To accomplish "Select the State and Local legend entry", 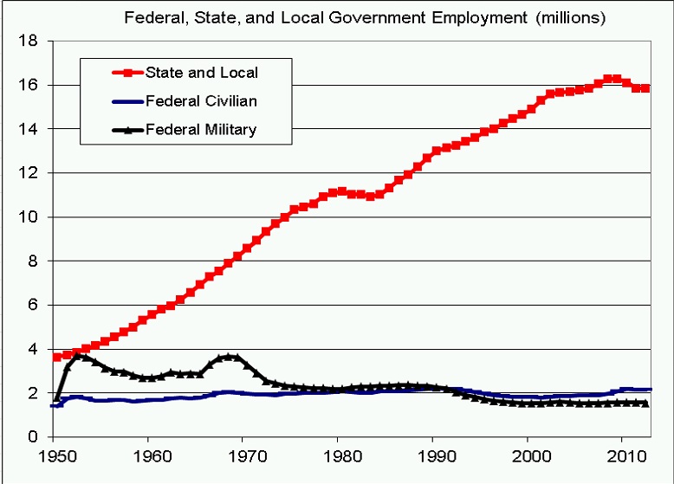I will tap(201, 73).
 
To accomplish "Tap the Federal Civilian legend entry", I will tap(201, 101).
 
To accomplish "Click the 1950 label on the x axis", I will tap(55, 454).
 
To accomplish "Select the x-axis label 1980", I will tap(339, 454).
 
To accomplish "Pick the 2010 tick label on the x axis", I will tap(623, 454).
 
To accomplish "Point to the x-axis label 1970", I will tap(244, 454).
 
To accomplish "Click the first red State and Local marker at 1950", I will tap(57, 357).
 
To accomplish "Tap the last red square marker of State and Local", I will tap(645, 88).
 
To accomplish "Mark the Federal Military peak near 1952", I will tap(78, 355).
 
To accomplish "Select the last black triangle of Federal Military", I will tap(645, 403).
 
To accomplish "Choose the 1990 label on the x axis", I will tap(433, 454).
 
